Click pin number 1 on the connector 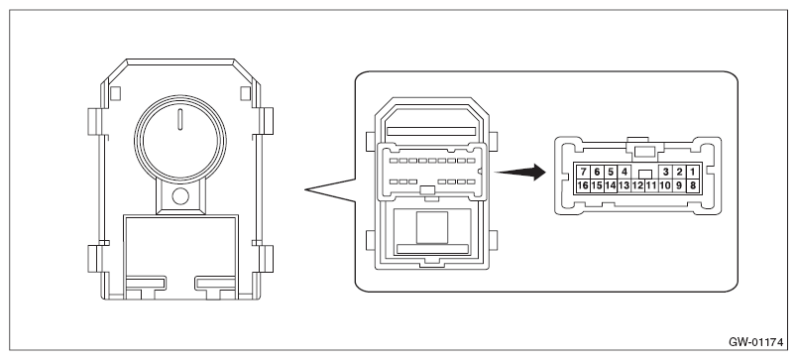[692, 172]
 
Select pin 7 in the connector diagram [583, 172]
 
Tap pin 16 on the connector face [583, 185]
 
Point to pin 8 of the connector [692, 185]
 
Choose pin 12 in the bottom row [637, 185]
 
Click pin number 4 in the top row [625, 172]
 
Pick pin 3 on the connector [665, 172]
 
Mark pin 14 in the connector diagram [611, 185]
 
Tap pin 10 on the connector [665, 185]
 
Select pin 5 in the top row [611, 172]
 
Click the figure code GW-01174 [755, 342]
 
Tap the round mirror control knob [180, 139]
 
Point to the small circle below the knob [180, 195]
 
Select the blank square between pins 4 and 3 [645, 174]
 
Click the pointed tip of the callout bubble [305, 190]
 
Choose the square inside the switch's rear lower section [432, 227]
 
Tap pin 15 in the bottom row [597, 185]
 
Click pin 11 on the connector [651, 185]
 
